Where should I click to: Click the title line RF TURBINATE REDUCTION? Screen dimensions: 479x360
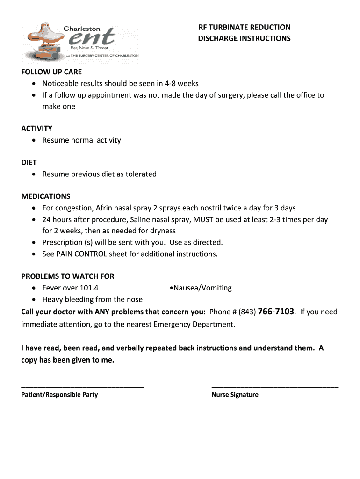coord(244,27)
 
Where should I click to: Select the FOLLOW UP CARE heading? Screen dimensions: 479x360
coord(51,72)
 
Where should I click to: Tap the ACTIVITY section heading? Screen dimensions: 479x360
coord(36,129)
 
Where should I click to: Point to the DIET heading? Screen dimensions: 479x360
coord(29,162)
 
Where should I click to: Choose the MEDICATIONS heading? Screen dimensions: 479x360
coord(46,196)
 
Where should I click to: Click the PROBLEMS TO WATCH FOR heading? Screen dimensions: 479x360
coord(68,276)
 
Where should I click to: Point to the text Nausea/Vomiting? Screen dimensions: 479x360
coord(202,288)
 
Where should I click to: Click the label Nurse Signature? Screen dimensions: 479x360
coord(235,395)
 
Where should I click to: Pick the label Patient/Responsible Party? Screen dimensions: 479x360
coord(59,395)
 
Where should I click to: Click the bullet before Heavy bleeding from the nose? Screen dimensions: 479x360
coord(35,300)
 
